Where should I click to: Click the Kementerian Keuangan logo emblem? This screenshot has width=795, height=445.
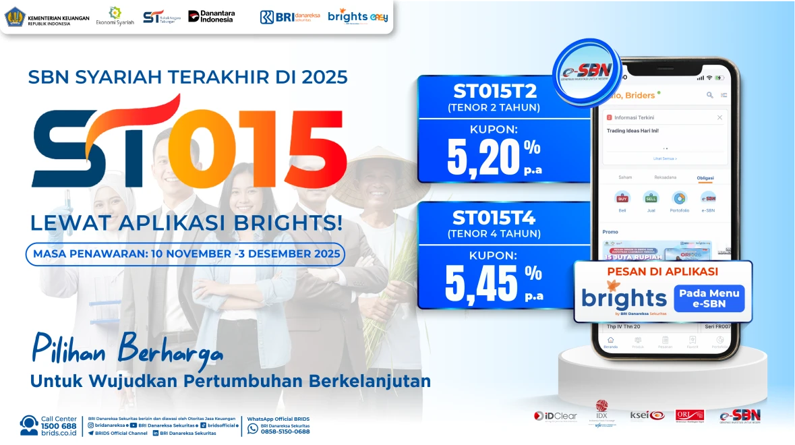(15, 17)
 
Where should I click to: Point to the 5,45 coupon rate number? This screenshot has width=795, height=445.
(481, 283)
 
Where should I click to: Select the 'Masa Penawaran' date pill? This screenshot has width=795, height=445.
(185, 254)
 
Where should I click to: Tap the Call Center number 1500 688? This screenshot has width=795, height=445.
(59, 426)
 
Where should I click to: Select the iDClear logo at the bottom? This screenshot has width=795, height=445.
(556, 416)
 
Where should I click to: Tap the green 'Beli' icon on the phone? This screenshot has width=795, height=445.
(622, 198)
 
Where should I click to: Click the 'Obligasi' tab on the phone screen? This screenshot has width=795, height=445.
(705, 178)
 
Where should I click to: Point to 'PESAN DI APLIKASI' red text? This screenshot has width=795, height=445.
(662, 272)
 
